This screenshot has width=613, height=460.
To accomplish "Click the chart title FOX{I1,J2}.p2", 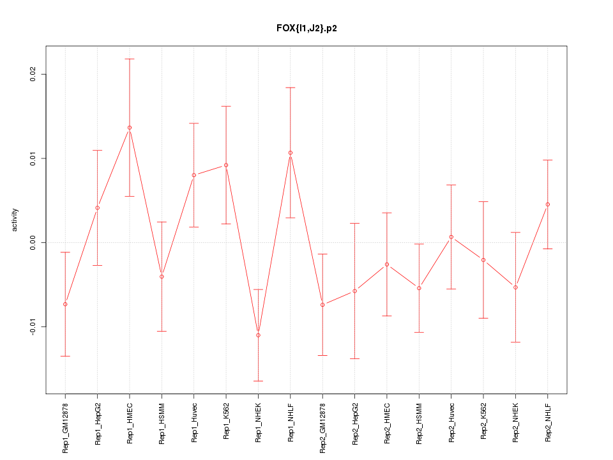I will (306, 29).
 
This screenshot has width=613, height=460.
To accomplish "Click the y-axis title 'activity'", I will (15, 220).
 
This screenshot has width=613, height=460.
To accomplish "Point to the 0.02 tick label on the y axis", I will (34, 74).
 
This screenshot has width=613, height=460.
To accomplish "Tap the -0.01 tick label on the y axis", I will (34, 326).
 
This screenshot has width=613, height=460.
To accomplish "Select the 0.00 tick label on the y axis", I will (34, 243).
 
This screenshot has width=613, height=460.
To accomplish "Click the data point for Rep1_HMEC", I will (130, 128).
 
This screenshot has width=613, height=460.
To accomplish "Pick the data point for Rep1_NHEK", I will (258, 335).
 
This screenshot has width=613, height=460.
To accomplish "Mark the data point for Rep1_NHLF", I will (291, 153).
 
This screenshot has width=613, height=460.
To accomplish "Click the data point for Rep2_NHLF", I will (548, 204).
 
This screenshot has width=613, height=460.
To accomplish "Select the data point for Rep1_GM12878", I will (65, 304).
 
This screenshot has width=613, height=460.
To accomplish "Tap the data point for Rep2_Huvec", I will (451, 237).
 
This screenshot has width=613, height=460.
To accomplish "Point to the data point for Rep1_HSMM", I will (162, 277).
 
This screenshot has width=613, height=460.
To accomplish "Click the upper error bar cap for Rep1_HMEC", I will (130, 59).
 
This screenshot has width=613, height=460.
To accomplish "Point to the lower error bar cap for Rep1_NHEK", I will (258, 381).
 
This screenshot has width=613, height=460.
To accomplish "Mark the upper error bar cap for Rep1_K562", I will (226, 106).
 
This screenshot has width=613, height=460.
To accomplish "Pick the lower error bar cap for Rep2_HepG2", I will (354, 359).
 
